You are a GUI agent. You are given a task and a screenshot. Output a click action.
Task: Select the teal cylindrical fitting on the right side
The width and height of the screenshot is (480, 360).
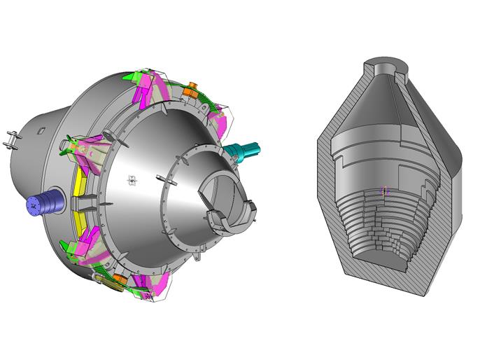coord(245,150)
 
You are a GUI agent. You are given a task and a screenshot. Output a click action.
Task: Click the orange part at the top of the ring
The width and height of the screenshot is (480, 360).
coord(191,90)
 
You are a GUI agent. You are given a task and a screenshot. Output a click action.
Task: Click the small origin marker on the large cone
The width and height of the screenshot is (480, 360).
coord(131,181)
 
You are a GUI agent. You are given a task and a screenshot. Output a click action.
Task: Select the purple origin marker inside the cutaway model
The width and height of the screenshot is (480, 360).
coord(383,190)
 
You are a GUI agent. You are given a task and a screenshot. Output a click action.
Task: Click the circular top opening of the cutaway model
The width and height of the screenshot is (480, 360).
coord(388,68)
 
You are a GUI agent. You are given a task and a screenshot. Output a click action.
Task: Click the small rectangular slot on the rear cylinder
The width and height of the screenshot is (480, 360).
coord(42,130)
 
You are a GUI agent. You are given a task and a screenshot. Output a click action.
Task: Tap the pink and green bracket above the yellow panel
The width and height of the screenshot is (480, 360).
coord(91,158)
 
